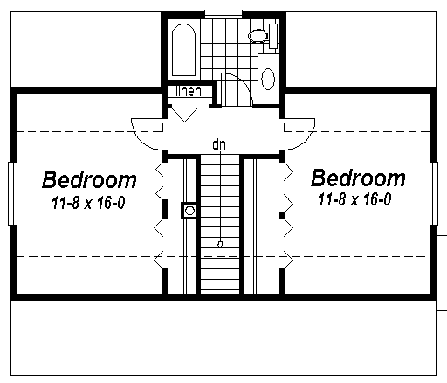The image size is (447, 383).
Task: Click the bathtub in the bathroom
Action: click(x=183, y=50)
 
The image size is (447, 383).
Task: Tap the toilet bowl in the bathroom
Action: click(x=258, y=36)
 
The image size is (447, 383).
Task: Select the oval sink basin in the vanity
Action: click(x=268, y=79)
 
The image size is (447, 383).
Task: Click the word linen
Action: click(x=189, y=91)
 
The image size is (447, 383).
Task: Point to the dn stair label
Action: click(x=219, y=144)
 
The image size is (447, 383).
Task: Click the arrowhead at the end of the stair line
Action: click(x=220, y=245)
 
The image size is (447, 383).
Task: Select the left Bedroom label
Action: click(x=89, y=179)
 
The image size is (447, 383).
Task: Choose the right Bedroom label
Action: click(x=358, y=178)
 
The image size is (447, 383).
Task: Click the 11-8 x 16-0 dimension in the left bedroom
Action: click(x=88, y=203)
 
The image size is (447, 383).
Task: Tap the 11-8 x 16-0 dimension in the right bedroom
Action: click(x=354, y=199)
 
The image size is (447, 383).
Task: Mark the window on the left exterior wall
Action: click(x=12, y=193)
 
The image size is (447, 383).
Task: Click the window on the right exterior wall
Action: click(x=434, y=193)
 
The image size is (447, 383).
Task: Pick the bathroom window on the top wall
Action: click(x=223, y=14)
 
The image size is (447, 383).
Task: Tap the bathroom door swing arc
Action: click(x=244, y=82)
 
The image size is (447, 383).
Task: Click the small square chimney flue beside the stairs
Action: click(x=189, y=211)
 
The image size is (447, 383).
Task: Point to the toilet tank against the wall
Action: click(x=273, y=36)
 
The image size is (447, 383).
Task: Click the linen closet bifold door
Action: click(x=184, y=115)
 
